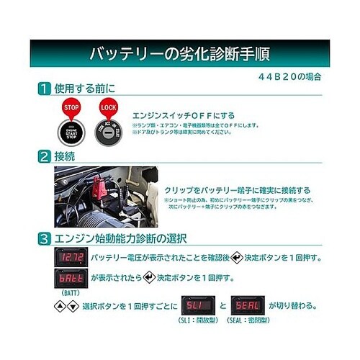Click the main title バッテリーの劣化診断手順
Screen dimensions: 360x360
[180, 54]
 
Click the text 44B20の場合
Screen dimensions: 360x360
[288, 75]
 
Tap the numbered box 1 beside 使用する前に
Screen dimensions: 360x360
[45, 89]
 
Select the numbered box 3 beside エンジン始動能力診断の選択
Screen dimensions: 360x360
[45, 238]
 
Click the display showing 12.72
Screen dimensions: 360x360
[71, 257]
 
